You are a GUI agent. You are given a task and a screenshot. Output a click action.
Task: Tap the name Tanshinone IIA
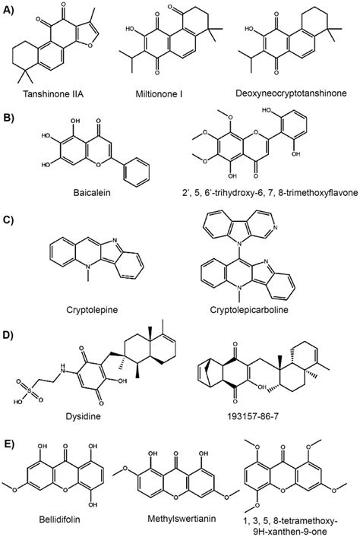(53, 94)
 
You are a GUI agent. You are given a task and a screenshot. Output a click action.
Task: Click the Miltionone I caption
(159, 94)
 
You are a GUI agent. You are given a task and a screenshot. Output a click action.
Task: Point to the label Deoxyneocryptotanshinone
(291, 93)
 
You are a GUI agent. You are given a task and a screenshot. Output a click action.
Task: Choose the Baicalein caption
(92, 192)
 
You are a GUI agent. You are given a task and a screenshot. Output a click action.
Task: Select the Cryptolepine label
(92, 310)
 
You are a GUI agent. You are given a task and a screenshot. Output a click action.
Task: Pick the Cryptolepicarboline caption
(249, 310)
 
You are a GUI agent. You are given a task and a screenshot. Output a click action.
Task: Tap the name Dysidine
(84, 416)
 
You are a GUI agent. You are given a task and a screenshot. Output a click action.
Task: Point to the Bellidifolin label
(59, 520)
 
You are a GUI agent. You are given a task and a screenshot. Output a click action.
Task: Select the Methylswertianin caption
(182, 518)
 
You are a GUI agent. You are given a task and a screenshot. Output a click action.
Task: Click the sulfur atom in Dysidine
(29, 390)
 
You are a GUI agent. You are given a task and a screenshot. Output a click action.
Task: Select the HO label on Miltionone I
(130, 29)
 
